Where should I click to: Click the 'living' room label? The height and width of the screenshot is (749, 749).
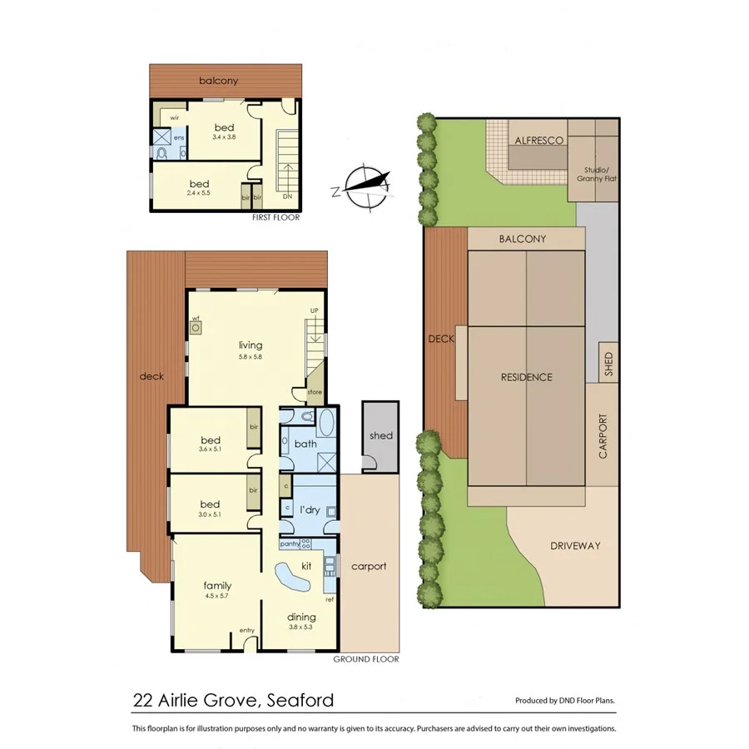pyautogui.click(x=250, y=345)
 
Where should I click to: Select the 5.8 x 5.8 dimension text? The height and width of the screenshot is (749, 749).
pyautogui.click(x=250, y=357)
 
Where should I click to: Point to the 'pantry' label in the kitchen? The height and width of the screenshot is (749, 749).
pyautogui.click(x=290, y=543)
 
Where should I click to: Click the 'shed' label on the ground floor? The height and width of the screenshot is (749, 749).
pyautogui.click(x=381, y=435)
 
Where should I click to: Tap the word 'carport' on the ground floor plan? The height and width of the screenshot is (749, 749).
pyautogui.click(x=369, y=567)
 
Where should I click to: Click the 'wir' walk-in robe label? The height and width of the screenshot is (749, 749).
pyautogui.click(x=175, y=118)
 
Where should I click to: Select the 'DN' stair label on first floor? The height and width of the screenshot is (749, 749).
pyautogui.click(x=287, y=197)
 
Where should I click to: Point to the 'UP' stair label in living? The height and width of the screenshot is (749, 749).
pyautogui.click(x=314, y=310)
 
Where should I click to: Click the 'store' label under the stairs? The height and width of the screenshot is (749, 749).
pyautogui.click(x=314, y=391)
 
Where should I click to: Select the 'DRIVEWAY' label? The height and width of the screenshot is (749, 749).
pyautogui.click(x=575, y=546)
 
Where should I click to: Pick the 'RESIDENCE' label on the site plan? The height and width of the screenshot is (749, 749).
pyautogui.click(x=526, y=377)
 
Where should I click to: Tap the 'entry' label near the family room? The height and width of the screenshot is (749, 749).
pyautogui.click(x=247, y=630)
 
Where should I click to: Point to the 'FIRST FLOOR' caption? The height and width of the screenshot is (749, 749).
pyautogui.click(x=275, y=217)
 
